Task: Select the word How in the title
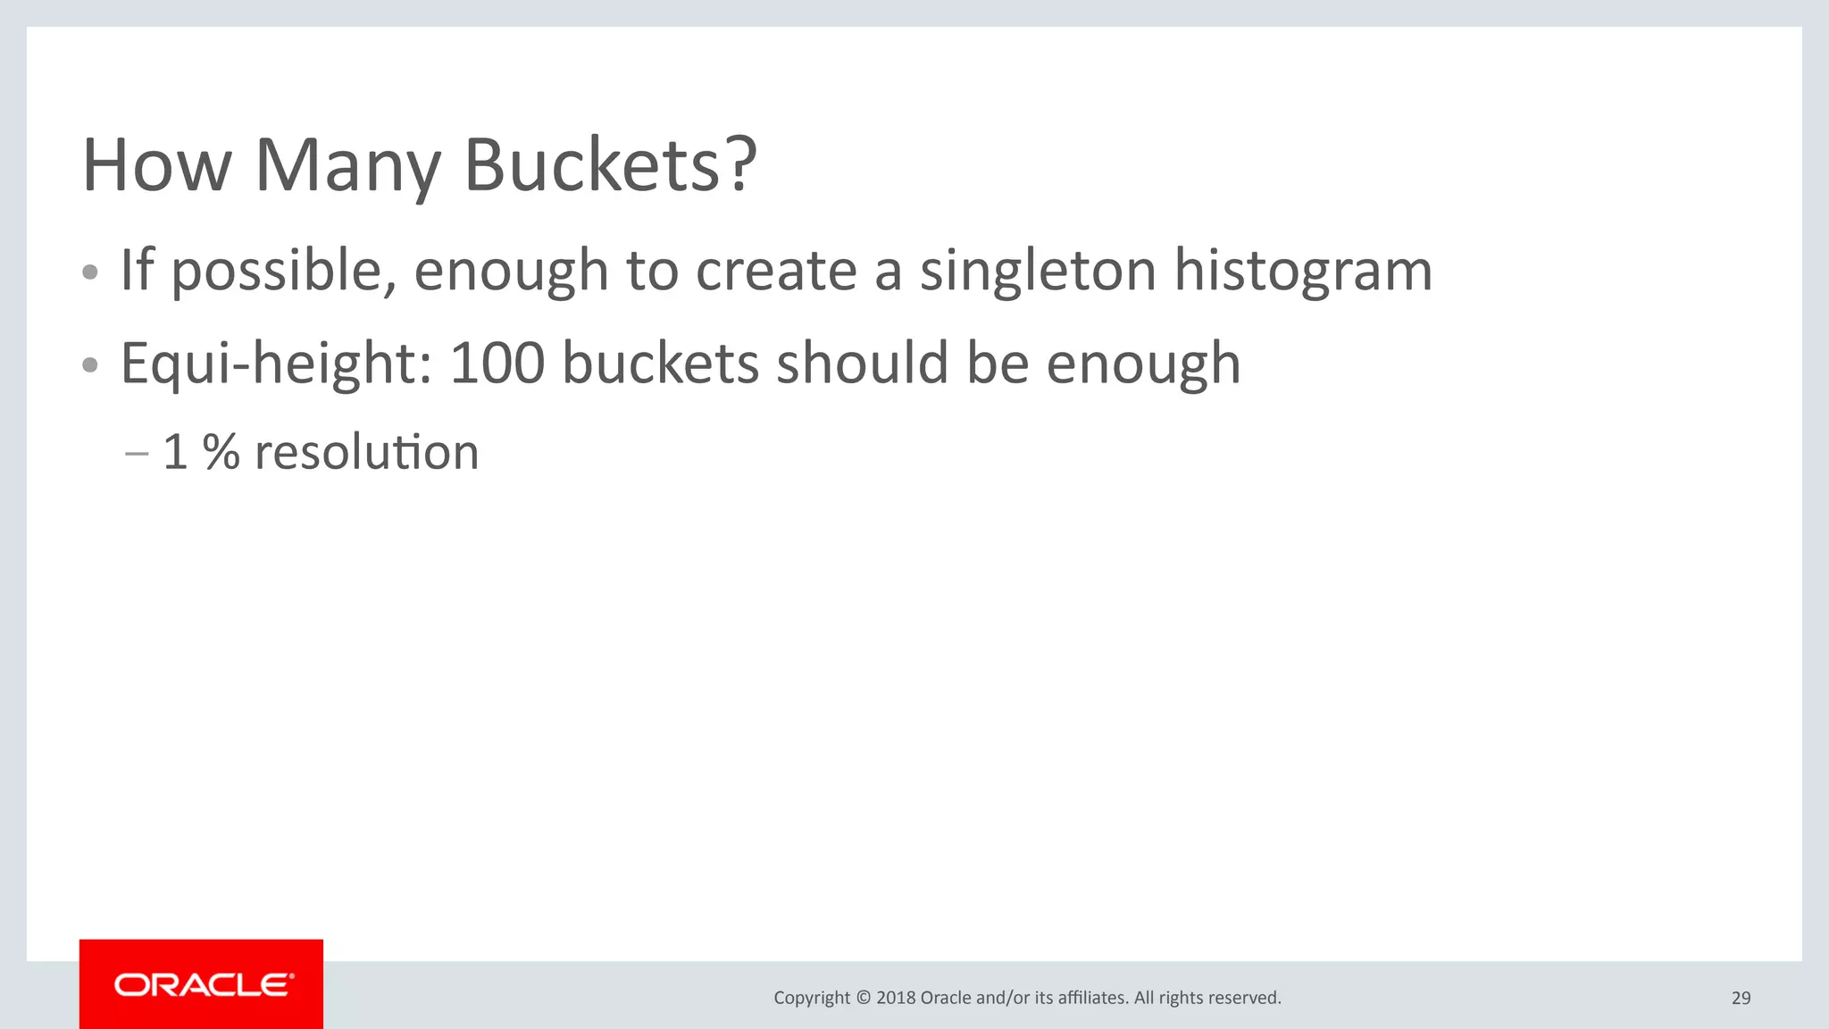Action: (x=157, y=165)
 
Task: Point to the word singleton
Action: (x=1038, y=272)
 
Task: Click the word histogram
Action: (x=1303, y=272)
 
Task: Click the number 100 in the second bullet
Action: (x=497, y=364)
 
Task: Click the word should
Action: (x=862, y=364)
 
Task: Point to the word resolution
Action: (x=367, y=452)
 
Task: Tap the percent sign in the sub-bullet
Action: (x=221, y=452)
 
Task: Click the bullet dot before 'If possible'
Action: (x=89, y=272)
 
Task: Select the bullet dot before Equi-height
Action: (x=89, y=365)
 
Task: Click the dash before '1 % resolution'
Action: (x=137, y=454)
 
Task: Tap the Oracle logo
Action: (x=202, y=984)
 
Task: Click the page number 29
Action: (x=1741, y=998)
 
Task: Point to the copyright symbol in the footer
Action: (x=863, y=998)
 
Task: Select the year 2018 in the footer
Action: (x=896, y=998)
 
